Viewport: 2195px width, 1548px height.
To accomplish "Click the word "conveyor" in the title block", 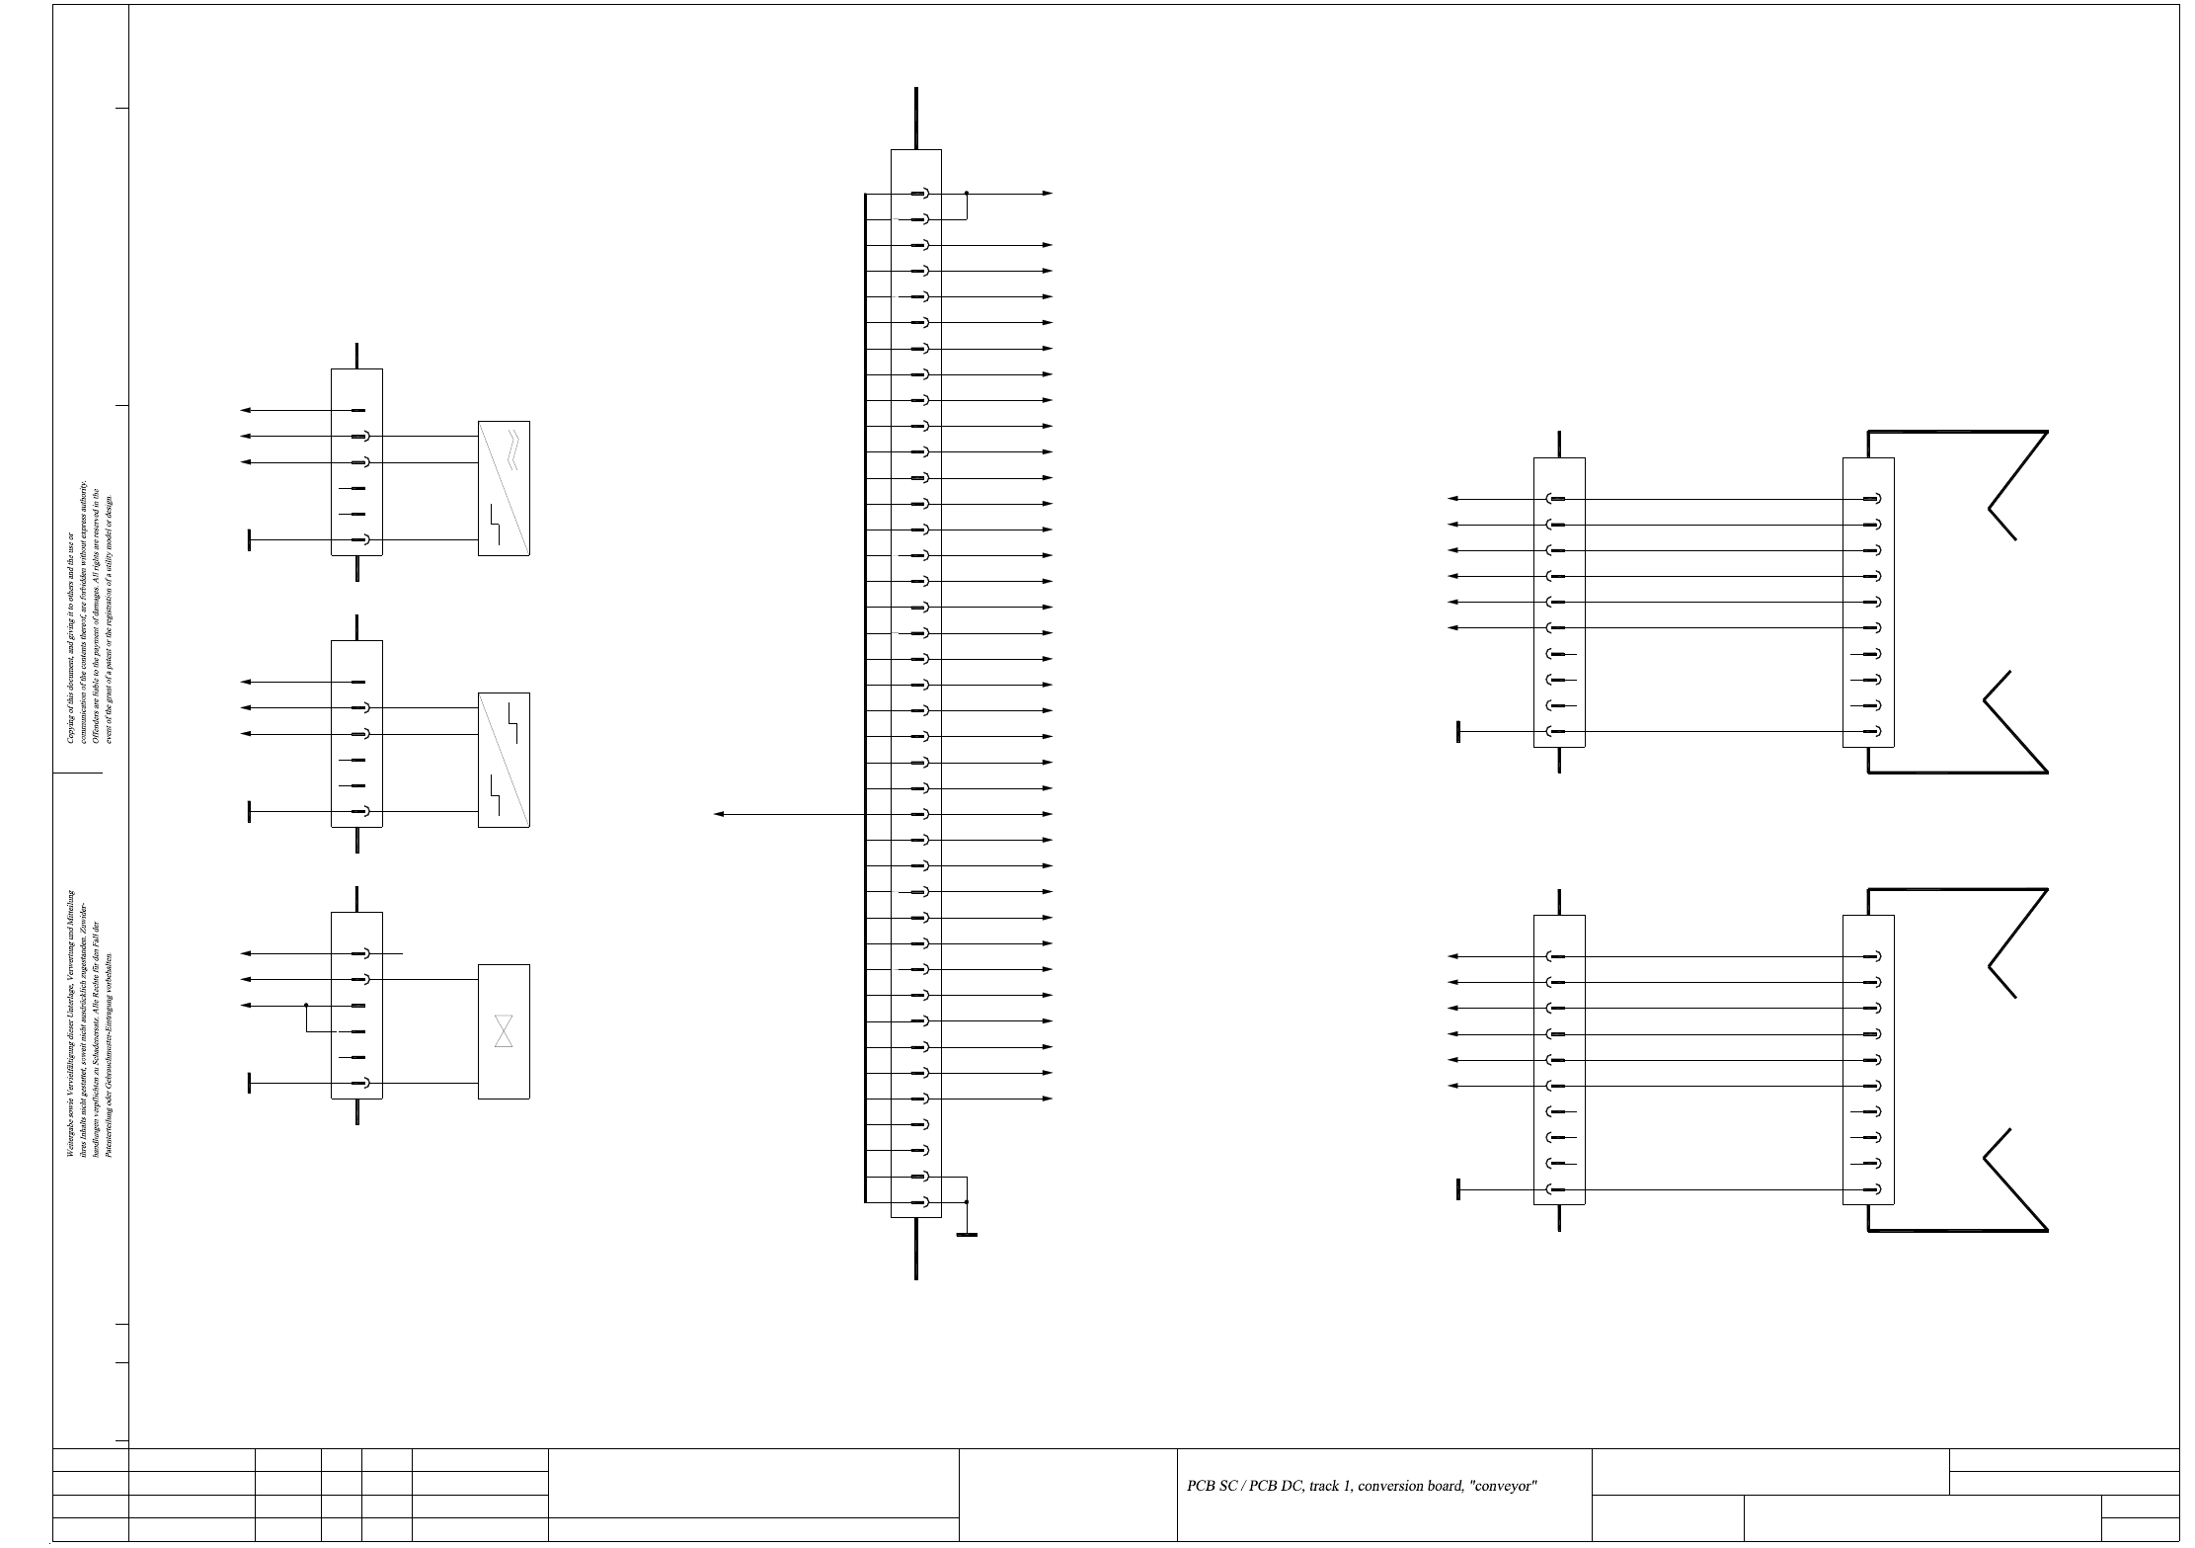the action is click(x=1504, y=1487).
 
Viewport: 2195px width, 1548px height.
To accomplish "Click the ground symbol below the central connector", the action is click(x=967, y=1235).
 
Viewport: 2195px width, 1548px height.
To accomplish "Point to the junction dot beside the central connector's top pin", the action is click(x=967, y=194).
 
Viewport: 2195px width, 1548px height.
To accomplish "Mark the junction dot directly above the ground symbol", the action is click(x=967, y=1202).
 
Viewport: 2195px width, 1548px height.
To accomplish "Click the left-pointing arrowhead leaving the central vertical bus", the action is click(x=719, y=814).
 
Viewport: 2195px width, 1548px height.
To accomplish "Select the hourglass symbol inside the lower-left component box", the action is click(x=504, y=1031).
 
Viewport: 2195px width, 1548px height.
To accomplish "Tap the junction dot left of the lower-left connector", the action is click(x=306, y=1006).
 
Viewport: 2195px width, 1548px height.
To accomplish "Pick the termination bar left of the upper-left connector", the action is click(x=250, y=540).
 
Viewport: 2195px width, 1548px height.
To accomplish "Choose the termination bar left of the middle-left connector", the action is click(x=250, y=812).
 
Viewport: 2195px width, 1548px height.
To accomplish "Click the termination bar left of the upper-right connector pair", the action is click(x=1458, y=732).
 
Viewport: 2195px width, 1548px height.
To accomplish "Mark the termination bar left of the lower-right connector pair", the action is click(x=1458, y=1189).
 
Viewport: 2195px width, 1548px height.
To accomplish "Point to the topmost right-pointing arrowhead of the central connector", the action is click(x=1048, y=194).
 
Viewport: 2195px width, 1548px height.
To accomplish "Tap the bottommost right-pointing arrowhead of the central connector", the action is click(x=1048, y=1099).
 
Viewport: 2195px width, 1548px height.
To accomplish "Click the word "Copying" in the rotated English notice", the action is click(x=70, y=726).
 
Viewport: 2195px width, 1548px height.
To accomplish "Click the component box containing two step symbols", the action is click(x=504, y=760).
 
